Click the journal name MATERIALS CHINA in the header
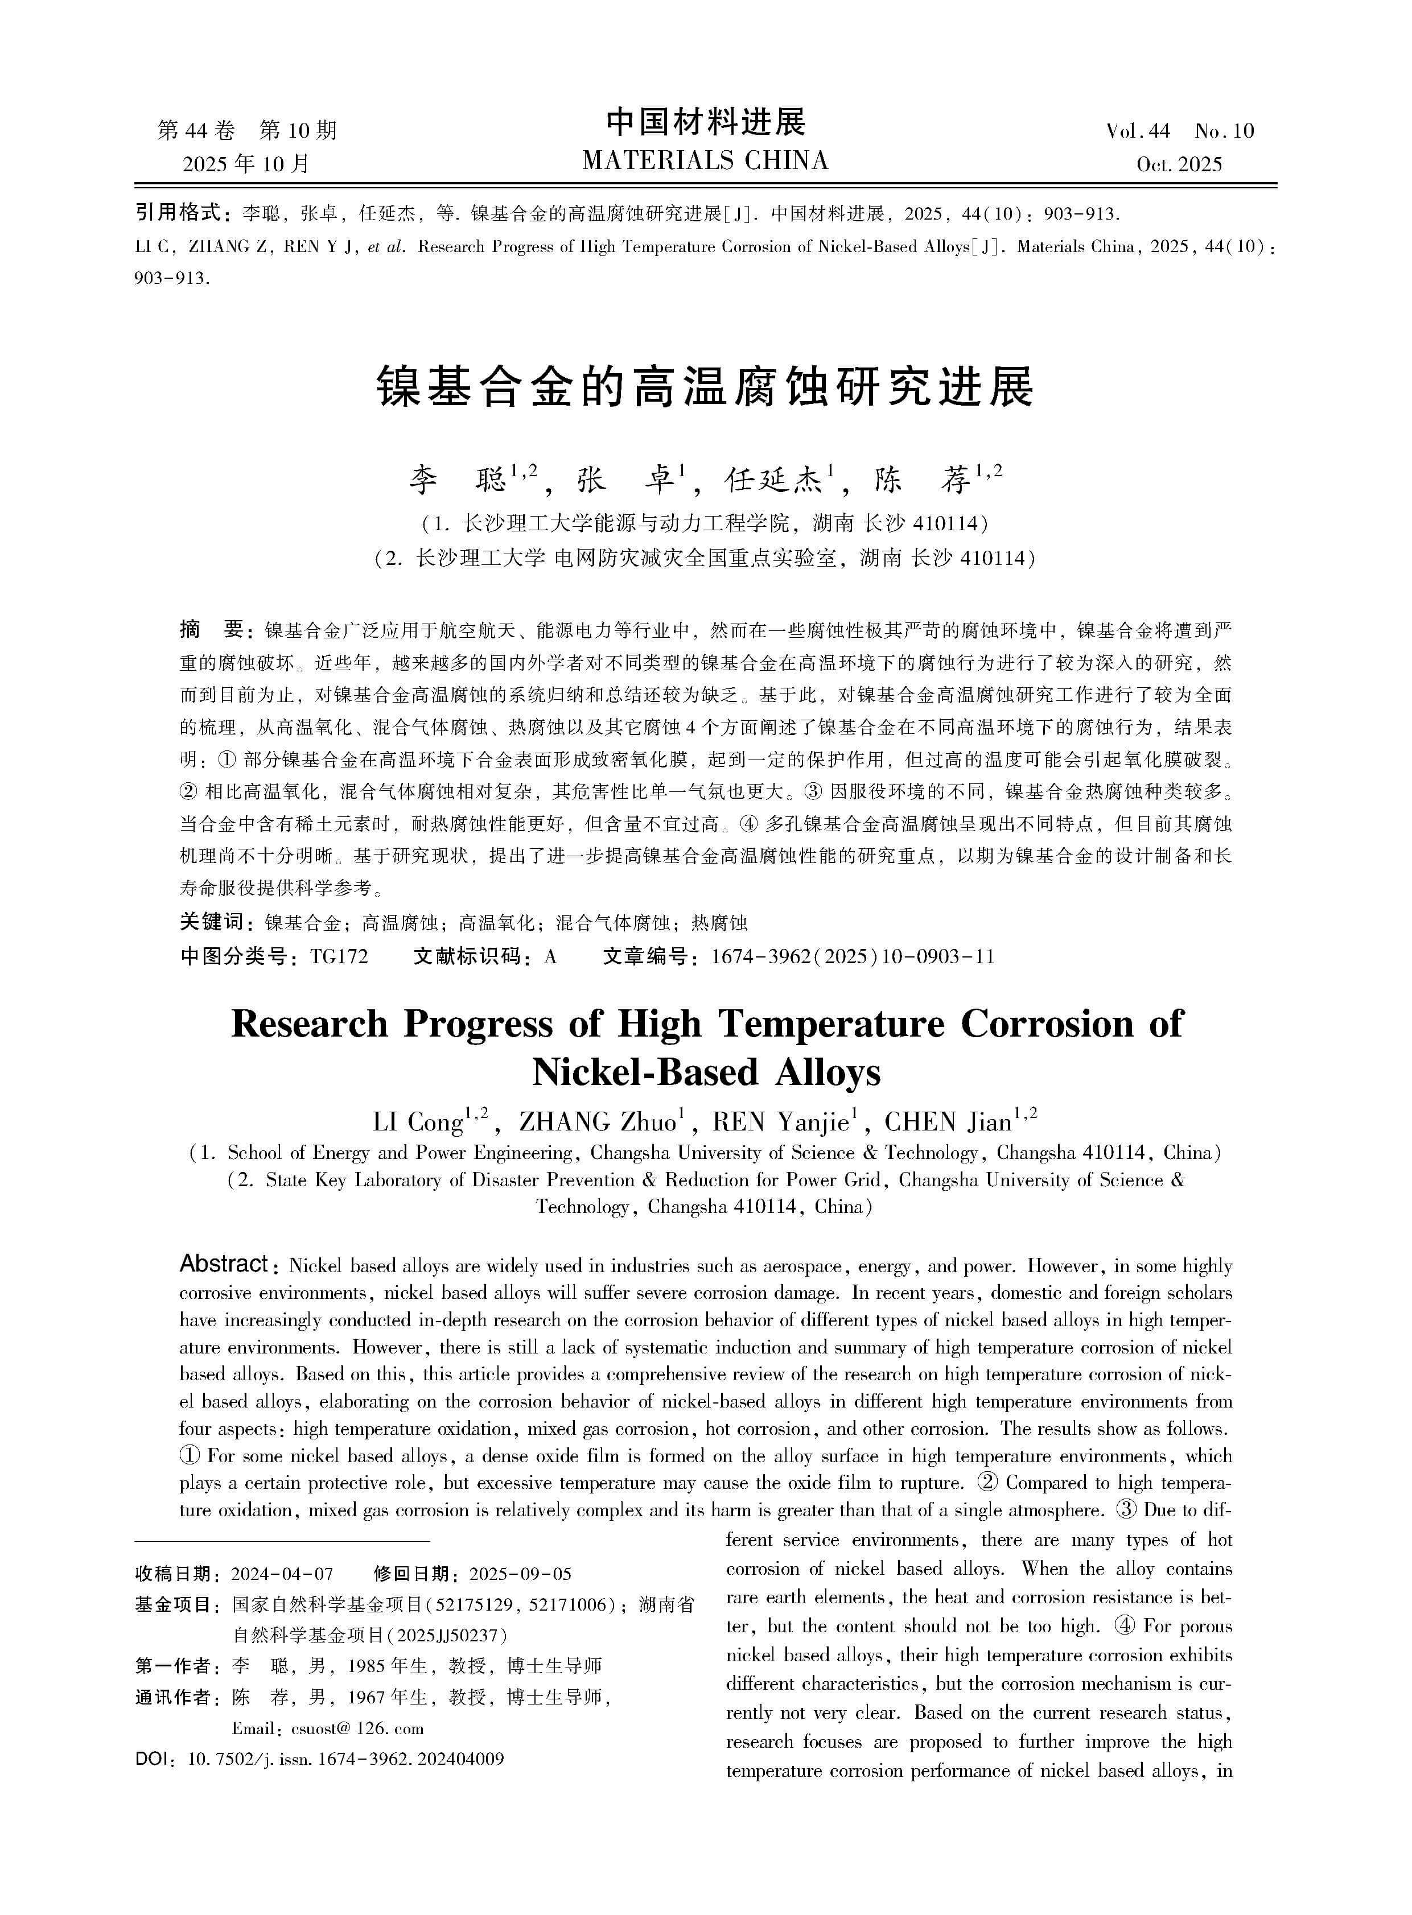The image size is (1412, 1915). pyautogui.click(x=705, y=160)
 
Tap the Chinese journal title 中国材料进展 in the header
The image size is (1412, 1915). pyautogui.click(x=706, y=122)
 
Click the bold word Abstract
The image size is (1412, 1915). pyautogui.click(x=224, y=1264)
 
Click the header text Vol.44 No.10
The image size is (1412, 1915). pyautogui.click(x=1180, y=131)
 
